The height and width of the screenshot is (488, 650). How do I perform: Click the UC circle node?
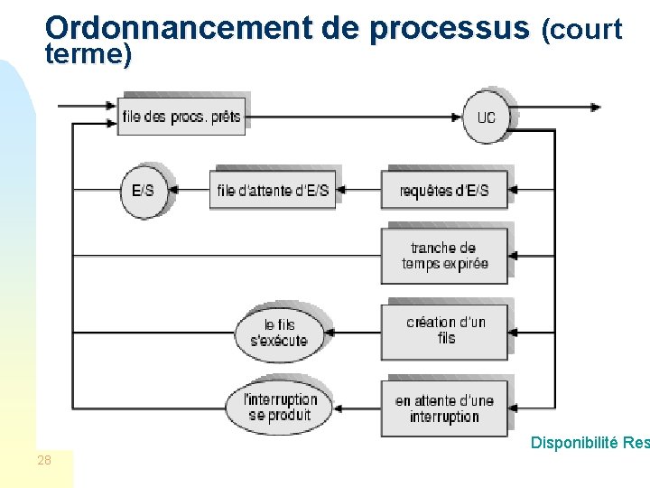[x=487, y=117]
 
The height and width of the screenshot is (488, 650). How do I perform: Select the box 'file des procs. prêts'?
[x=181, y=117]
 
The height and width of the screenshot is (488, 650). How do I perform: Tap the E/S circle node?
[x=144, y=191]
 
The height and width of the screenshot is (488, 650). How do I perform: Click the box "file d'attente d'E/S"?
[x=273, y=191]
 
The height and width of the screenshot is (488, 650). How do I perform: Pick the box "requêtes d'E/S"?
[x=444, y=191]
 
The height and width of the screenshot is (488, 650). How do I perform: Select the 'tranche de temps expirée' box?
[x=444, y=256]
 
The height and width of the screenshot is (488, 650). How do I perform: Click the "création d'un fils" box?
[x=444, y=331]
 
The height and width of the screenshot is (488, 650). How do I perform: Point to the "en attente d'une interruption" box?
[x=444, y=408]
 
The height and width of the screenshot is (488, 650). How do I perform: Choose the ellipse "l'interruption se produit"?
[x=281, y=408]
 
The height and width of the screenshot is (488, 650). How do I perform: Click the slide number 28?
[x=44, y=461]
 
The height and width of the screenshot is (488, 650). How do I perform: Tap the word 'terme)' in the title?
[x=88, y=56]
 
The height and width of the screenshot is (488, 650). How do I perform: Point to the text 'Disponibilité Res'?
[x=589, y=443]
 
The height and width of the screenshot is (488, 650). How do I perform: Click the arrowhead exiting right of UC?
[x=595, y=107]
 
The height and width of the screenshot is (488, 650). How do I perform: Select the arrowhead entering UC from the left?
[x=460, y=117]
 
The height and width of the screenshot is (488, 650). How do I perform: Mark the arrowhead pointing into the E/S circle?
[x=173, y=191]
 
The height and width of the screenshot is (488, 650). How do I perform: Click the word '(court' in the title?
[x=581, y=31]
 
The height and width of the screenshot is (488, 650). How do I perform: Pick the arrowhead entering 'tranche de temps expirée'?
[x=513, y=257]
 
